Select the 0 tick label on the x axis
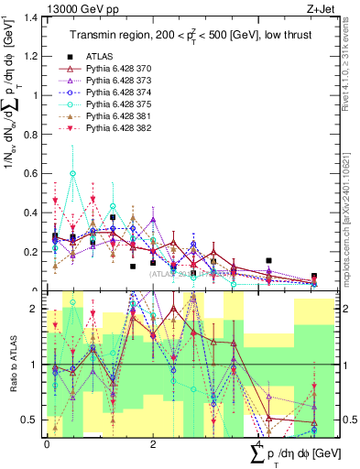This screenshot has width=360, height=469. (47, 444)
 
